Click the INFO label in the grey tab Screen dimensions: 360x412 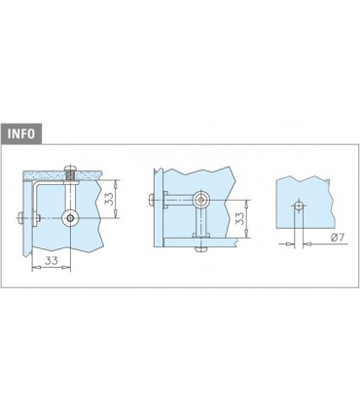(21, 133)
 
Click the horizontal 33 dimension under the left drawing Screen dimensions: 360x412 (52, 260)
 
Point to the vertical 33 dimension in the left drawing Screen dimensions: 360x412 (110, 199)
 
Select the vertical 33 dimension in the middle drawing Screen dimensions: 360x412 (239, 218)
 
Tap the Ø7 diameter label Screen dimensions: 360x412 (337, 238)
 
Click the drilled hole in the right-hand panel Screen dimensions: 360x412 (299, 206)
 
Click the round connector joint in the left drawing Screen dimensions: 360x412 (70, 218)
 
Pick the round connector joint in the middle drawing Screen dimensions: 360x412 (201, 200)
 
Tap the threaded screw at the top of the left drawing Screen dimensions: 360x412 (71, 174)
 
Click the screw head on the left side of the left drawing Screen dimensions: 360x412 (19, 218)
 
